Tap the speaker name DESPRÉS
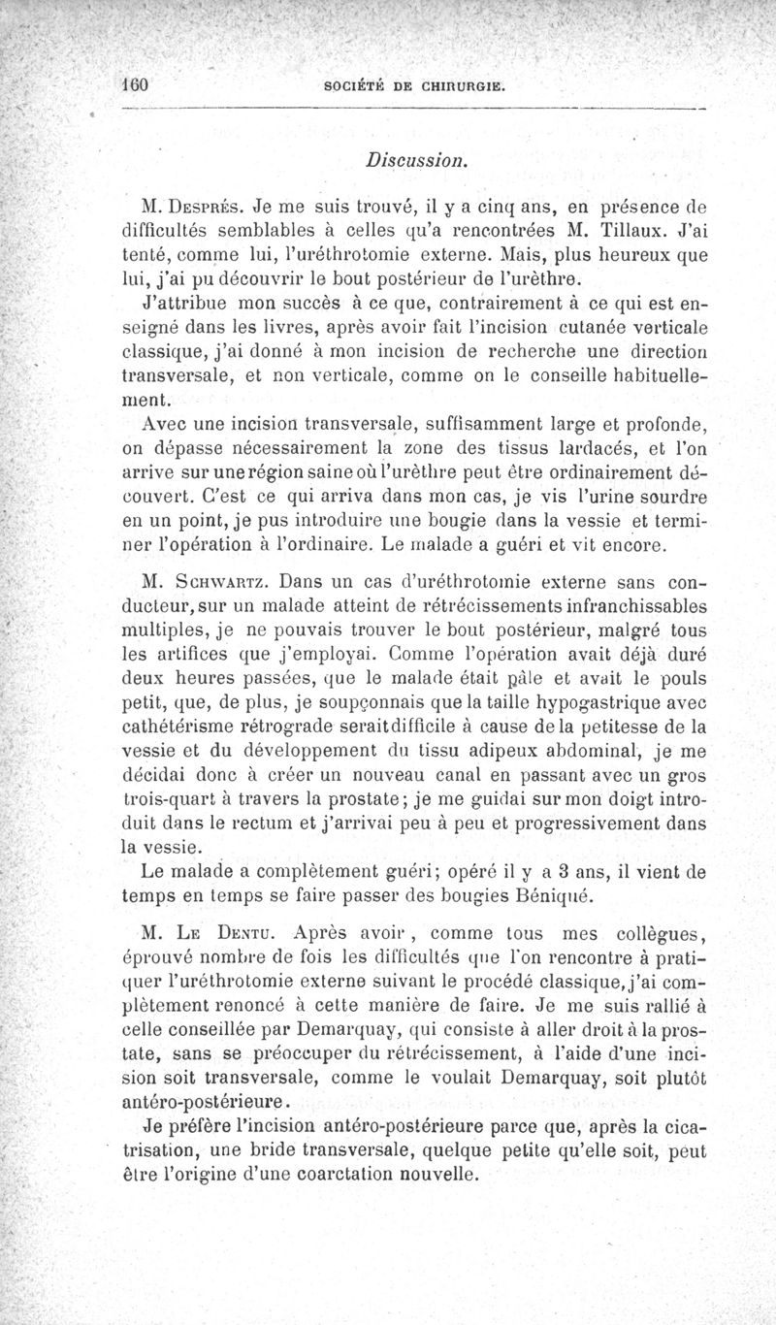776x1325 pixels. pyautogui.click(x=208, y=207)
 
